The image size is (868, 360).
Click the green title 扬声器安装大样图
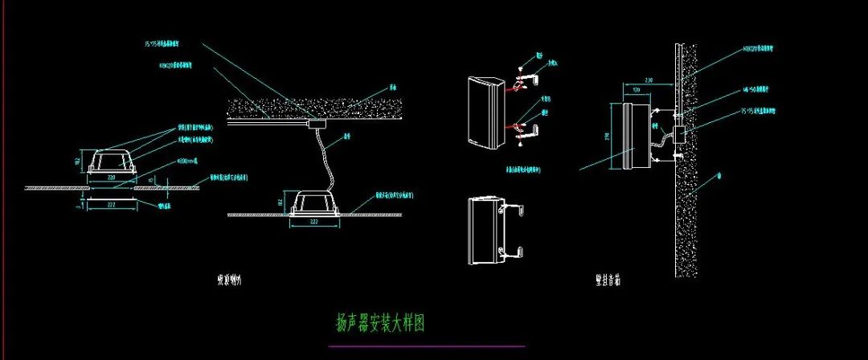pyautogui.click(x=379, y=324)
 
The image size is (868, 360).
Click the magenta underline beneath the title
pyautogui.click(x=426, y=346)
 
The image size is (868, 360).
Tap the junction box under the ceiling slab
pyautogui.click(x=315, y=125)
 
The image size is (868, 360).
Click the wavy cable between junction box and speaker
pyautogui.click(x=325, y=160)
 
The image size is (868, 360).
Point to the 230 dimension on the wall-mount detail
pyautogui.click(x=649, y=80)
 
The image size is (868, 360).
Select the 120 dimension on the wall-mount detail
pyautogui.click(x=637, y=91)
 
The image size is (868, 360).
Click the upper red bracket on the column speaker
pyautogui.click(x=519, y=81)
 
